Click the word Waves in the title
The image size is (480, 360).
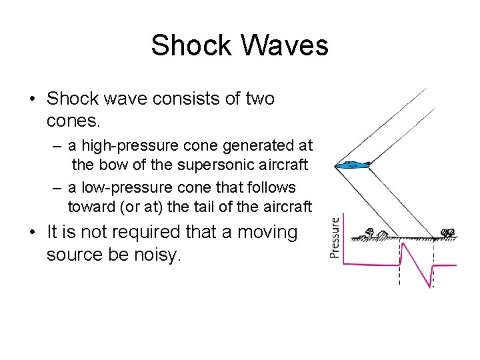pos(287,45)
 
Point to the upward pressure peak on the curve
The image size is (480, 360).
pos(403,243)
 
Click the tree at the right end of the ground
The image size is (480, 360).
pos(448,233)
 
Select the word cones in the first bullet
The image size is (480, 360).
pos(73,121)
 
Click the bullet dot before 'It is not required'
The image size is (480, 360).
pos(32,233)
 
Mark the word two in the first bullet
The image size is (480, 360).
pos(258,99)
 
